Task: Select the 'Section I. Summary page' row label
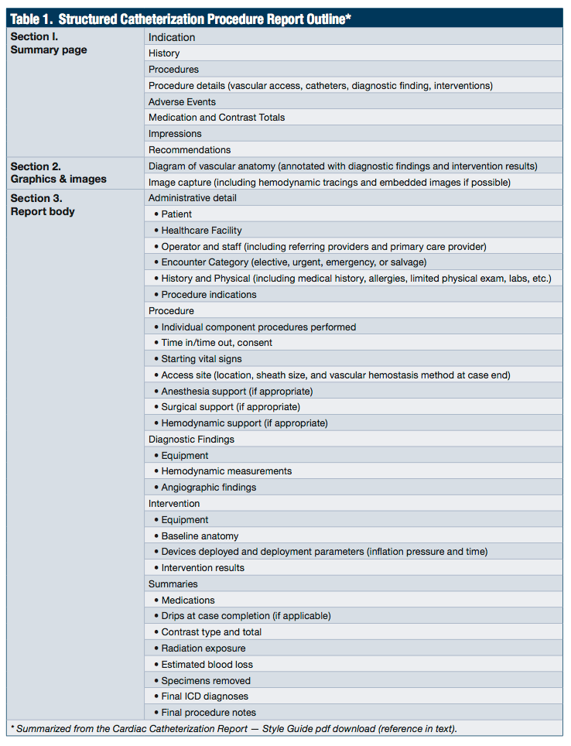click(x=49, y=43)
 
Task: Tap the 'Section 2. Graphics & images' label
click(x=58, y=173)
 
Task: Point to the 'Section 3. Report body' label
click(x=43, y=205)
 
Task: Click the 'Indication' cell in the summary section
click(x=172, y=37)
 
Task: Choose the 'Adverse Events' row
click(x=182, y=101)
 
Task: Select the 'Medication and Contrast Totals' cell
click(x=217, y=118)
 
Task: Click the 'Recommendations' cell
click(x=190, y=150)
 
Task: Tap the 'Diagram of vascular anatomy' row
click(x=343, y=166)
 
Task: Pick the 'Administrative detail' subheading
click(x=193, y=198)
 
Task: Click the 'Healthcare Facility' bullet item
click(x=201, y=231)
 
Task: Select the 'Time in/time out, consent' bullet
click(x=217, y=343)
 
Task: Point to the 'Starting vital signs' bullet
click(x=201, y=359)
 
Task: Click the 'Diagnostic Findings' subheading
click(x=191, y=440)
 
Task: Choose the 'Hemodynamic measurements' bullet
click(x=227, y=471)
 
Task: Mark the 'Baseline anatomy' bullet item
click(x=200, y=536)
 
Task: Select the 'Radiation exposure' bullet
click(x=203, y=648)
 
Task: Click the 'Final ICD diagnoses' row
click(x=205, y=696)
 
